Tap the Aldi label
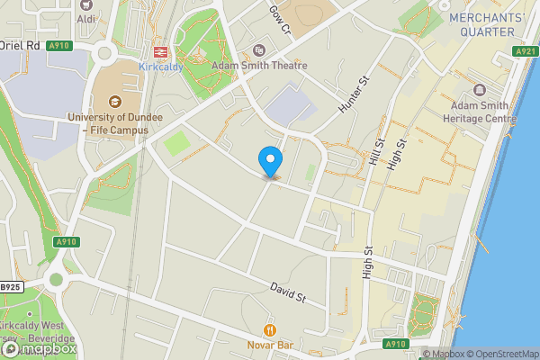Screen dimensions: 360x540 pyautogui.click(x=86, y=19)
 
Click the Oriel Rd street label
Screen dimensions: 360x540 pyautogui.click(x=20, y=45)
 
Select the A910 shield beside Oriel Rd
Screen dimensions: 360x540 pyautogui.click(x=59, y=46)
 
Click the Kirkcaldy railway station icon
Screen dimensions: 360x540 pyautogui.click(x=161, y=52)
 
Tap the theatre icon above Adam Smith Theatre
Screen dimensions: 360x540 pyautogui.click(x=259, y=50)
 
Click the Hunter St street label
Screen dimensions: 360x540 pyautogui.click(x=355, y=94)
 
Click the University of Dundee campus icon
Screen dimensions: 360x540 pyautogui.click(x=113, y=103)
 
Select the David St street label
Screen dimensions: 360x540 pyautogui.click(x=289, y=292)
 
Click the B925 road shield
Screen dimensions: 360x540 pyautogui.click(x=10, y=287)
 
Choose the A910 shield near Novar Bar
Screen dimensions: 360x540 pyautogui.click(x=394, y=343)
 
